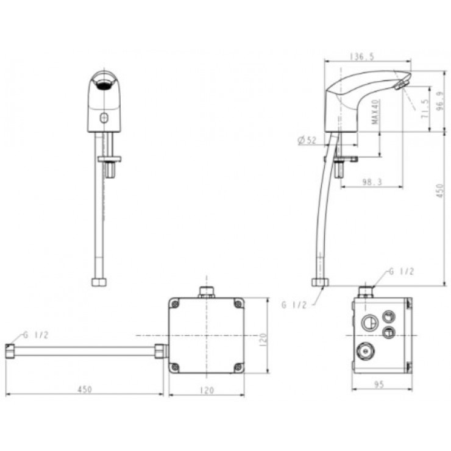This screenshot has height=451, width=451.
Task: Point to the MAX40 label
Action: click(376, 112)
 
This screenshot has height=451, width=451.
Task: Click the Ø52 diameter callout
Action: click(307, 140)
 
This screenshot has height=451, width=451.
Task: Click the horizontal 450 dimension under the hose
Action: click(85, 390)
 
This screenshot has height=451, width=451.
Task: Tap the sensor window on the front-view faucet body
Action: click(104, 116)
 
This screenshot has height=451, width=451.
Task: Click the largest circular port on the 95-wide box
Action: click(369, 322)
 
